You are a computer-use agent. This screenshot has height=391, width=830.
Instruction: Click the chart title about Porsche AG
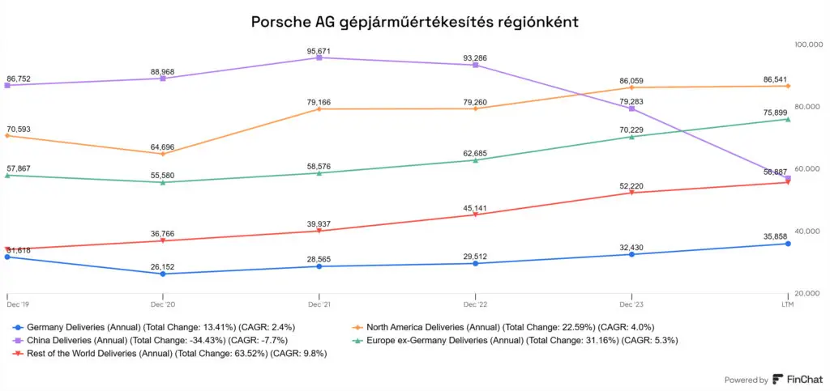tap(415, 22)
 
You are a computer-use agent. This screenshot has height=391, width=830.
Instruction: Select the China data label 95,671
tap(319, 51)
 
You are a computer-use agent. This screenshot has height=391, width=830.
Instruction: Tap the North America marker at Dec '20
tap(163, 154)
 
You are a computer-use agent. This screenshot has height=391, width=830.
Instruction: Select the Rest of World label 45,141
tap(475, 207)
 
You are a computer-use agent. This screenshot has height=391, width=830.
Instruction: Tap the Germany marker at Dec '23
tap(632, 254)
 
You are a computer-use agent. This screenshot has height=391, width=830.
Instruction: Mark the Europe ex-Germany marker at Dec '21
tap(319, 172)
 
